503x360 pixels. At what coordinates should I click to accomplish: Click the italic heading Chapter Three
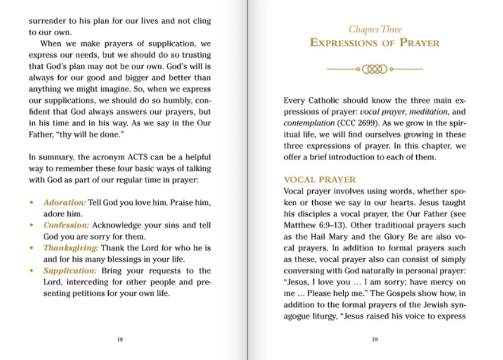[x=375, y=29]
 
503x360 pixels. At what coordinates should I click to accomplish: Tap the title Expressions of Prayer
[x=375, y=43]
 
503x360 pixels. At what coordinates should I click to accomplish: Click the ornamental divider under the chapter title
[x=375, y=69]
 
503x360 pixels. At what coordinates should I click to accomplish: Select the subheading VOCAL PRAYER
[x=320, y=180]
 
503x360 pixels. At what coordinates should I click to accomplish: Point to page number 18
[x=120, y=340]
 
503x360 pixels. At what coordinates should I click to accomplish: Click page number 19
[x=375, y=340]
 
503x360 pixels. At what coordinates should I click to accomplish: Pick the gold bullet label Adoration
[x=64, y=202]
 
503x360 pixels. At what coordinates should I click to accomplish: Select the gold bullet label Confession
[x=66, y=225]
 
